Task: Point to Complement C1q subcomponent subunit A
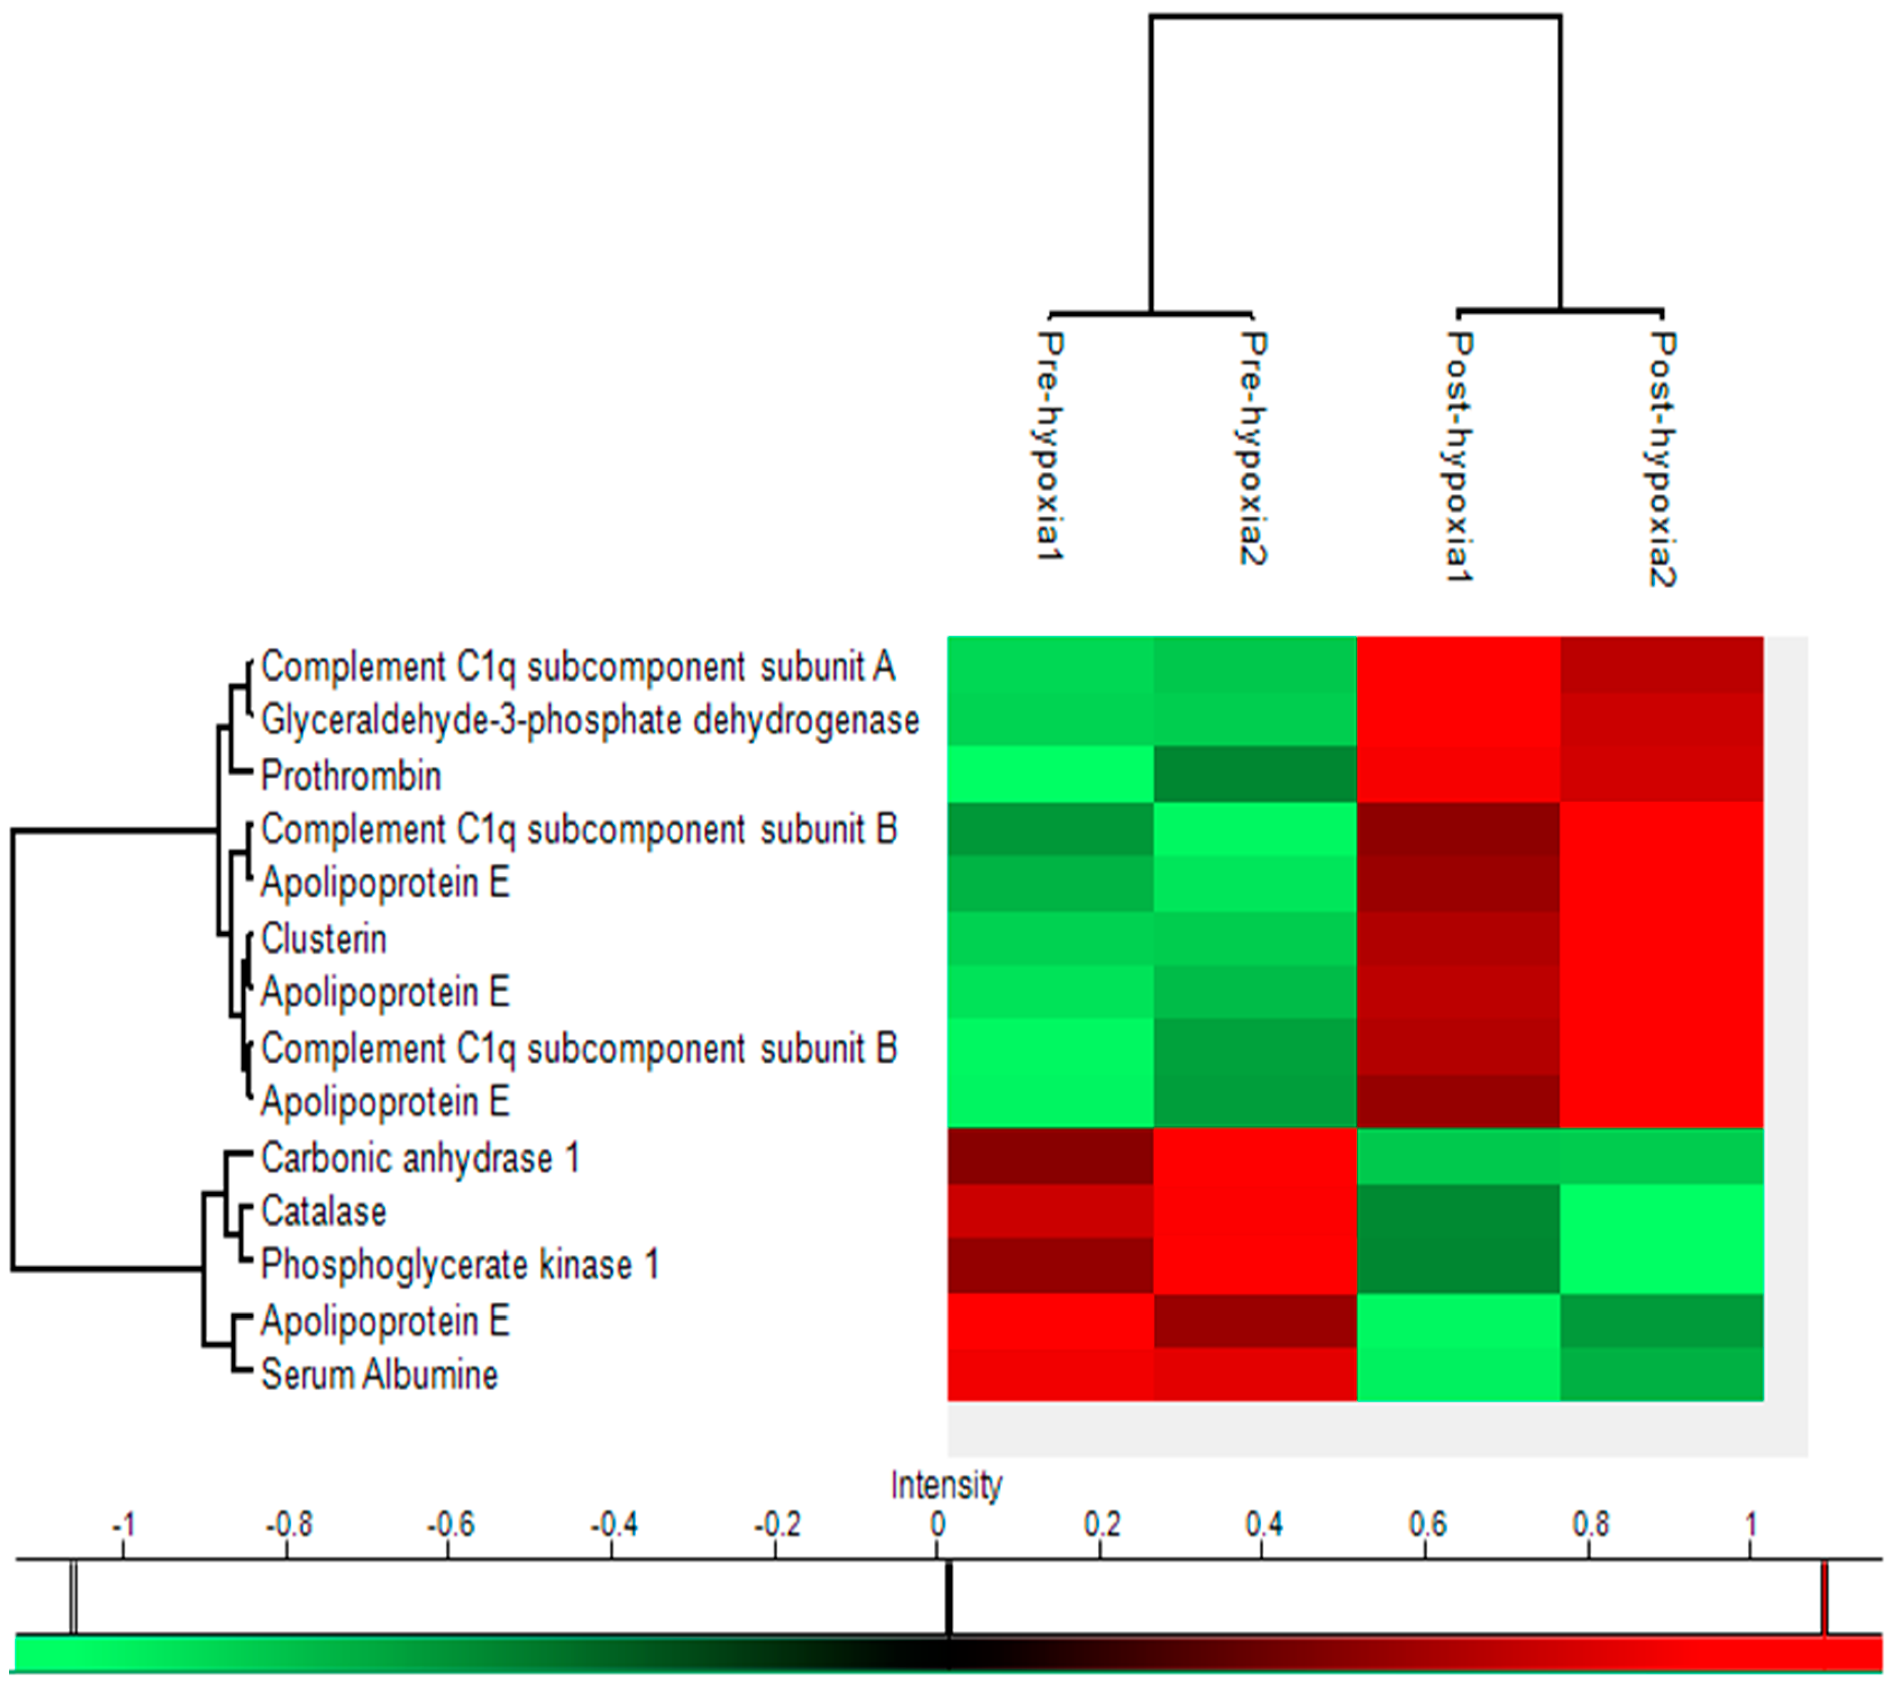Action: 578,667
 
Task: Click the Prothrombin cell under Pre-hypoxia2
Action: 1255,774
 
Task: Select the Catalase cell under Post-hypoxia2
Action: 1662,1211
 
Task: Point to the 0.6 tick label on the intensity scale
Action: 1426,1525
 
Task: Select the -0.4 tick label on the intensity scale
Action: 613,1525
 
